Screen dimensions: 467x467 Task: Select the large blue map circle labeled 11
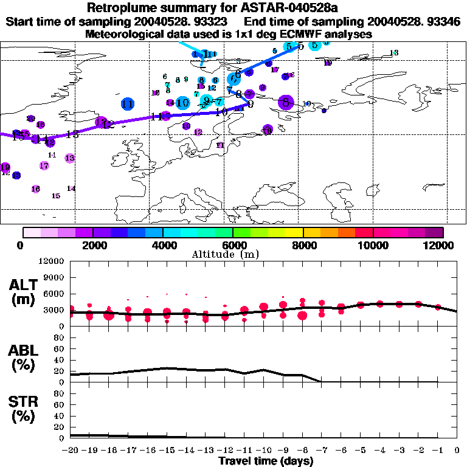128,104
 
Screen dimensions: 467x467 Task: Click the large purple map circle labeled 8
286,103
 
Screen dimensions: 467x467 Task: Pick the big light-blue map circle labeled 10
182,103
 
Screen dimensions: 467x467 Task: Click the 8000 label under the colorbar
303,245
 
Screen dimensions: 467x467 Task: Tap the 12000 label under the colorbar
441,245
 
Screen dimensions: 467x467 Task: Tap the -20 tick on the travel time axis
71,451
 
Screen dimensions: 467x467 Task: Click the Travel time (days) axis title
266,461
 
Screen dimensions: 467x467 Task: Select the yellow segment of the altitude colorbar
294,232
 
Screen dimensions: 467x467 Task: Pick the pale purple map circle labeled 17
44,165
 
